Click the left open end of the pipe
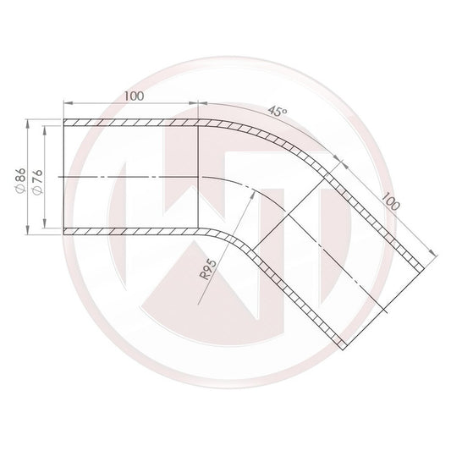64,177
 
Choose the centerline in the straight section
127,177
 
